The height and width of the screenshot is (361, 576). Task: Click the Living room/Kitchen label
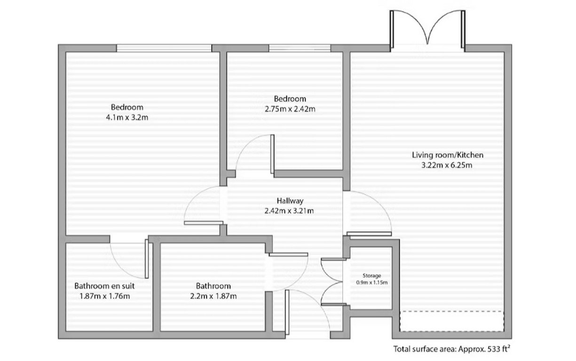click(441, 155)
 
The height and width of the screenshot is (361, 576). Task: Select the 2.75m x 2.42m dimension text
click(290, 109)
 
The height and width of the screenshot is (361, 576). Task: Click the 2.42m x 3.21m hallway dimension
click(289, 210)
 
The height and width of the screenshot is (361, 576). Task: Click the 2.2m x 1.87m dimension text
click(213, 296)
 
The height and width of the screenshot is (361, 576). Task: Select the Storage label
click(371, 275)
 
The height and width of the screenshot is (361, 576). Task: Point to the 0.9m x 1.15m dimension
click(371, 282)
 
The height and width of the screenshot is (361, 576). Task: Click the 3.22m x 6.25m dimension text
click(441, 165)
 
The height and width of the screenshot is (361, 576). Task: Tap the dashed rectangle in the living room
click(451, 321)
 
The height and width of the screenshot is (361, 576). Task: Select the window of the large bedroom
click(164, 48)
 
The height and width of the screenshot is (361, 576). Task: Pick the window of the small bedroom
click(300, 48)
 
